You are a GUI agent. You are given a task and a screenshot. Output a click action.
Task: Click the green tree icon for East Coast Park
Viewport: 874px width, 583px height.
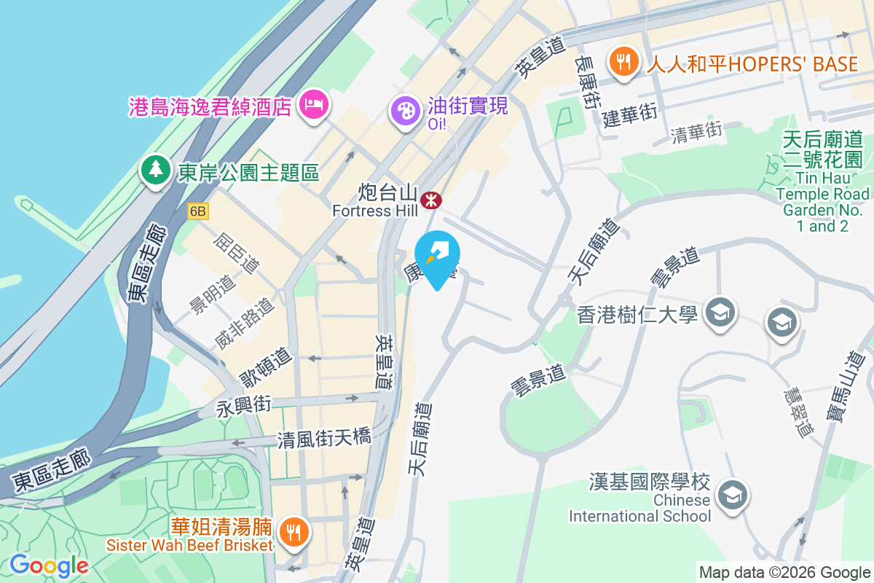[155, 171]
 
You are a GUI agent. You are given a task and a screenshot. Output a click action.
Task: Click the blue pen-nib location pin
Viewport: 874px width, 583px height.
[438, 257]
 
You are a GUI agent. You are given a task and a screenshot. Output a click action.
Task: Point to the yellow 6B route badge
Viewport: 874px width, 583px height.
[197, 211]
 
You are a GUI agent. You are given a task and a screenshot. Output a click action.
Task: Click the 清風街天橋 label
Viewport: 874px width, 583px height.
[324, 439]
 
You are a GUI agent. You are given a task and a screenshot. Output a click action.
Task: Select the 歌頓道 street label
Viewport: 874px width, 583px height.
[266, 367]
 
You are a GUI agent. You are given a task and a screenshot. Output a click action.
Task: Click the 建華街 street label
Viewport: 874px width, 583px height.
[629, 114]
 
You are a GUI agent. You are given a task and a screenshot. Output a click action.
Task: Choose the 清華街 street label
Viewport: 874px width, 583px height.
[696, 131]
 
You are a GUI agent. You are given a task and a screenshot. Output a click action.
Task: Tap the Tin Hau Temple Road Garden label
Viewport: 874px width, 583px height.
[822, 181]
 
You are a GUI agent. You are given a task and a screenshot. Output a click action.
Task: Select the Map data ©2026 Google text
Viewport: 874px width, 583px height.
[784, 572]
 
